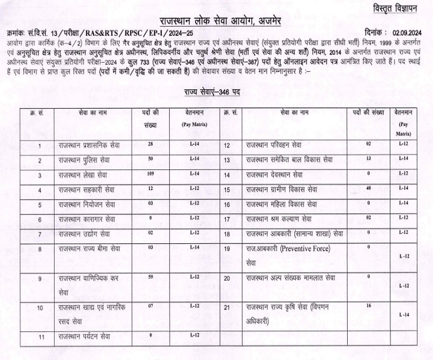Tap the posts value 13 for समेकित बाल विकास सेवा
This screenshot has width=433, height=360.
click(368, 160)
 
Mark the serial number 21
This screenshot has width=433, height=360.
click(227, 307)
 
